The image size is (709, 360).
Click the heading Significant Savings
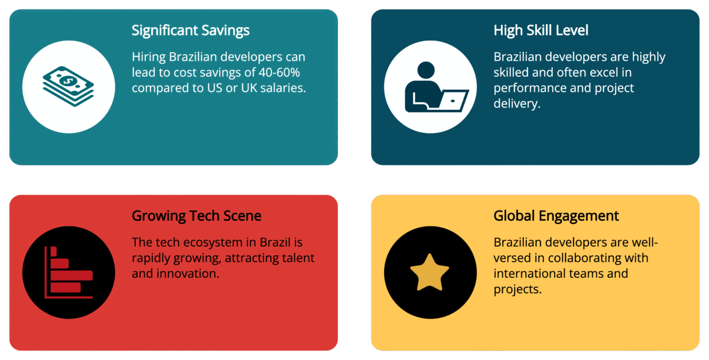click(x=190, y=30)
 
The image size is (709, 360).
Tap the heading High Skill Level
click(x=541, y=30)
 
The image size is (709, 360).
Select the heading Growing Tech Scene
click(x=196, y=216)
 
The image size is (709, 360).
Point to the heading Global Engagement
click(x=556, y=216)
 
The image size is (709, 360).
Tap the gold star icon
click(x=430, y=272)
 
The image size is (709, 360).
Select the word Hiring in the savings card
click(x=149, y=57)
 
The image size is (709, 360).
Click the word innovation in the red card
click(x=187, y=274)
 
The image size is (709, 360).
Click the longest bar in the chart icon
click(x=71, y=275)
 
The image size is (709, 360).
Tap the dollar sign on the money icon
click(x=69, y=79)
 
